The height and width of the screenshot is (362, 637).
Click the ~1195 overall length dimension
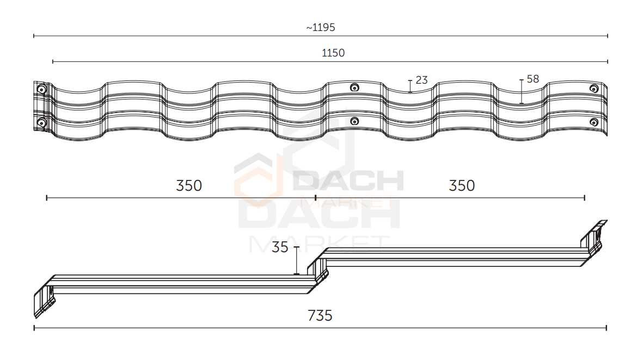321,28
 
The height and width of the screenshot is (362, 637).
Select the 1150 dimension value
333,53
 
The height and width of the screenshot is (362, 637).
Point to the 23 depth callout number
422,80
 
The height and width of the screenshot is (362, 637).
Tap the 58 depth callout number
532,79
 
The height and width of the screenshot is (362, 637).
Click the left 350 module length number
189,185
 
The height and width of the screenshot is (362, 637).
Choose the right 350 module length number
462,185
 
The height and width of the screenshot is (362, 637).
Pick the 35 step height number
280,247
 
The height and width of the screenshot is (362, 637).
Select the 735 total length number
320,315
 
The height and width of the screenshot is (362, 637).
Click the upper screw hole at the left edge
41,89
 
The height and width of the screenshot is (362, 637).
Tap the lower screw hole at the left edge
41,122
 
